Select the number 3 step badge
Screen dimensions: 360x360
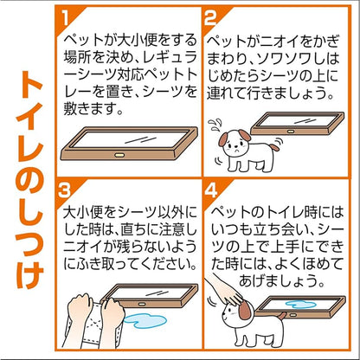[x=64, y=190]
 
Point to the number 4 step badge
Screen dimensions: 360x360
[x=211, y=190]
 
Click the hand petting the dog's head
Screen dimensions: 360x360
[x=223, y=290]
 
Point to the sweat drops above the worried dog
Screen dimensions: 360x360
[x=215, y=124]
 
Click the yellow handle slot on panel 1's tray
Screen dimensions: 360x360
[x=119, y=155]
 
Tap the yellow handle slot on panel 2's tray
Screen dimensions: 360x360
[x=291, y=132]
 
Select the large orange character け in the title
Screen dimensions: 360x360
[x=29, y=275]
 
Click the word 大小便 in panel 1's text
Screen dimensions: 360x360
[x=139, y=40]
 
